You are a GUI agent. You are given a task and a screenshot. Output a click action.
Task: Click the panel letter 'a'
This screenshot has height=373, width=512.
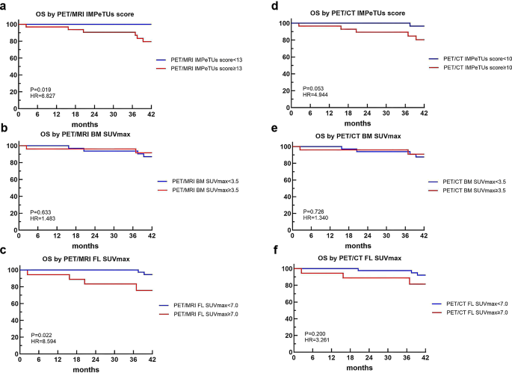(5, 6)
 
